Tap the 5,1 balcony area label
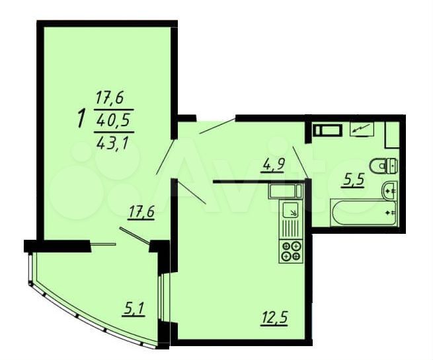(133, 308)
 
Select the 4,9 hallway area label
(272, 166)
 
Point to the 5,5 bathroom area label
(352, 180)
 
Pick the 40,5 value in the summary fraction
(114, 121)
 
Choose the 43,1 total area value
(114, 143)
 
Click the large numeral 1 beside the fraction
(82, 119)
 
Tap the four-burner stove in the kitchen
(291, 251)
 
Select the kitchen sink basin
(290, 209)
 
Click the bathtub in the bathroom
(364, 213)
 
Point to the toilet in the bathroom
(383, 166)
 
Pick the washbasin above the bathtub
(389, 190)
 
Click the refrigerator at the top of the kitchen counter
(286, 191)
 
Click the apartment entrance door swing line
(217, 126)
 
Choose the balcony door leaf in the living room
(135, 235)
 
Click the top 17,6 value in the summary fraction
(110, 98)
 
